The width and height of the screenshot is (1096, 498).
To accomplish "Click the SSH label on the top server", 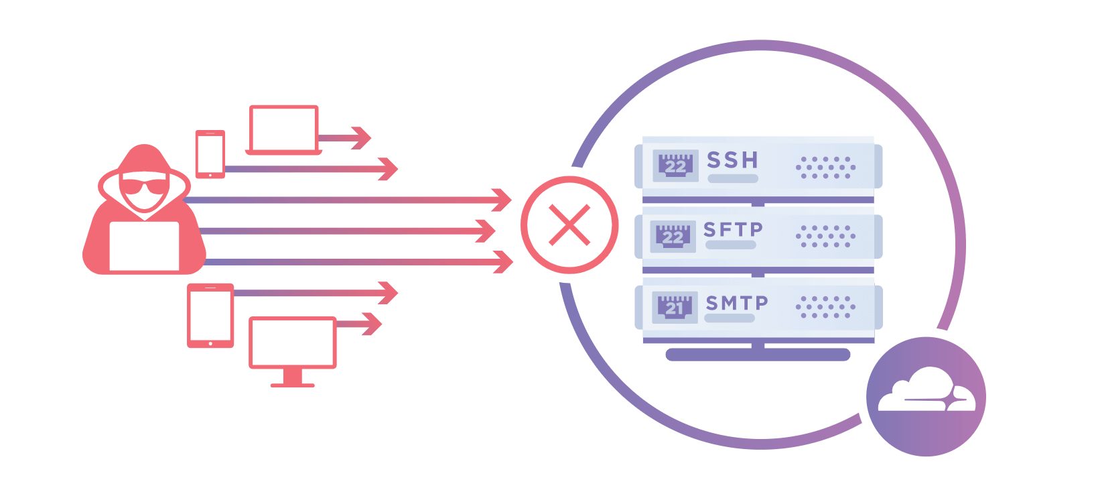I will [732, 160].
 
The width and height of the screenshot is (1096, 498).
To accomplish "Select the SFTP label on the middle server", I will [733, 230].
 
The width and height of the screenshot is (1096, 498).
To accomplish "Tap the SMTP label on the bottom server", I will [736, 303].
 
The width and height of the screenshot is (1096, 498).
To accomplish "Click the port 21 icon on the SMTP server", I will [675, 307].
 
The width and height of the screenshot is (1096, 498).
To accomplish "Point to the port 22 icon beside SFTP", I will [673, 236].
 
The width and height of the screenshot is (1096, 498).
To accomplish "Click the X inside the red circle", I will [569, 225].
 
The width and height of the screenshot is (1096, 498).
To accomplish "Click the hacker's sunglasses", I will [144, 186].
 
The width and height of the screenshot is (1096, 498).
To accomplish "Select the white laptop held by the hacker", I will [144, 246].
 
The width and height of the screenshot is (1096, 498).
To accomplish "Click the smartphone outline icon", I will [210, 154].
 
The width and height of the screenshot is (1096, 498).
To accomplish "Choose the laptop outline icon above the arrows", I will [283, 129].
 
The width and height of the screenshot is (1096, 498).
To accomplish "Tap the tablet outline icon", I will [210, 315].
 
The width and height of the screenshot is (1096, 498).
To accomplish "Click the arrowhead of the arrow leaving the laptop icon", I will [362, 138].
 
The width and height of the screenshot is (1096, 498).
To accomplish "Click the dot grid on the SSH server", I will [825, 168].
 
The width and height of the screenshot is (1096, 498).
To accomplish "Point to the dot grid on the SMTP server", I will [825, 307].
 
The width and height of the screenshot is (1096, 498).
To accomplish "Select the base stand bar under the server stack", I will [758, 355].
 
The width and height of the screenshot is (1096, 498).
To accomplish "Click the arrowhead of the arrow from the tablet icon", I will [389, 293].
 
